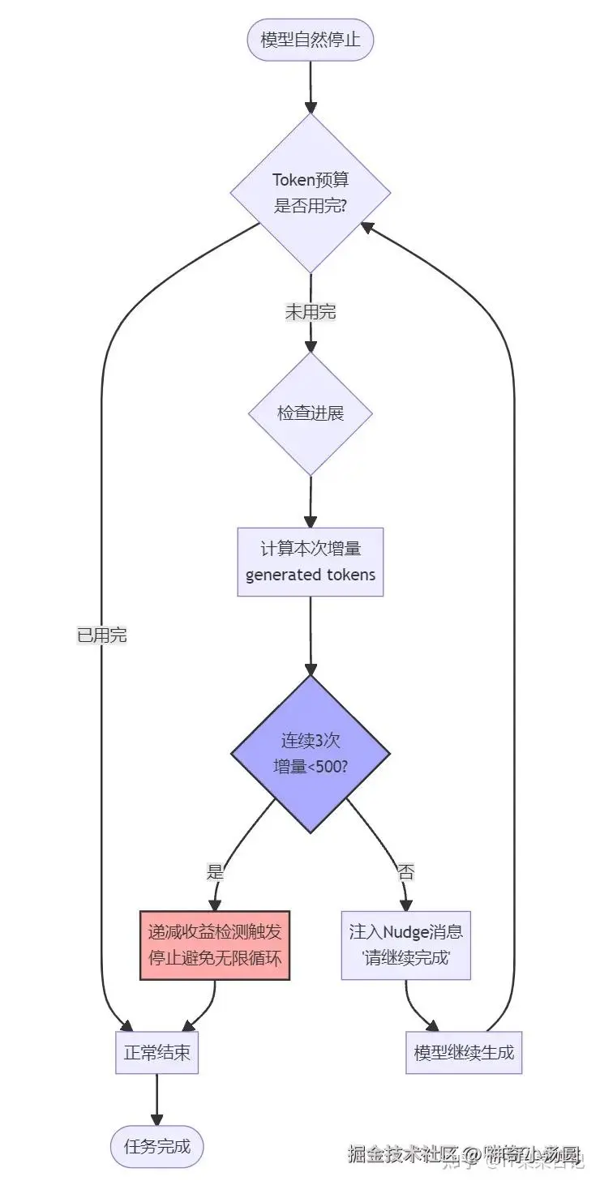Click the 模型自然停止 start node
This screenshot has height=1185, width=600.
click(x=310, y=39)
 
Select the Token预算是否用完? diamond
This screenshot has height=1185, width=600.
click(x=310, y=192)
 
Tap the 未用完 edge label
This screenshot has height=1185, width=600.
click(x=310, y=311)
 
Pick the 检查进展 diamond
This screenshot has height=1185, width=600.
click(x=310, y=413)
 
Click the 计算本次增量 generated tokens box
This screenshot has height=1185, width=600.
click(x=310, y=562)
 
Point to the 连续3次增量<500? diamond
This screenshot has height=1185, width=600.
click(x=310, y=753)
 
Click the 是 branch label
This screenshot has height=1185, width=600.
click(x=215, y=872)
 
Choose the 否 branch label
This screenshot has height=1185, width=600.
click(x=405, y=872)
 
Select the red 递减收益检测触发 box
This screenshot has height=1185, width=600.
click(x=215, y=944)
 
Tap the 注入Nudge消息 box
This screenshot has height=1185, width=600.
click(x=405, y=944)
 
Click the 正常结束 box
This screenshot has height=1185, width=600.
click(x=156, y=1053)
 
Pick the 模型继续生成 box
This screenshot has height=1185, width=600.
click(x=464, y=1053)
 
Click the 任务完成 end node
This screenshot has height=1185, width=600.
click(x=156, y=1146)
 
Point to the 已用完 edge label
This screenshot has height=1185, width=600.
click(x=101, y=636)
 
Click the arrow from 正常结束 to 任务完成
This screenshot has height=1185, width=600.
click(x=156, y=1099)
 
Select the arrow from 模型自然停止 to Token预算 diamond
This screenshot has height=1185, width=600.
click(x=310, y=86)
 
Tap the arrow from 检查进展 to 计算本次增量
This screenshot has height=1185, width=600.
click(x=310, y=501)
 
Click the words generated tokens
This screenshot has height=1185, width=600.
click(x=310, y=575)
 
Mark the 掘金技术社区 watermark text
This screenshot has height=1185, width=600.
click(x=403, y=1153)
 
